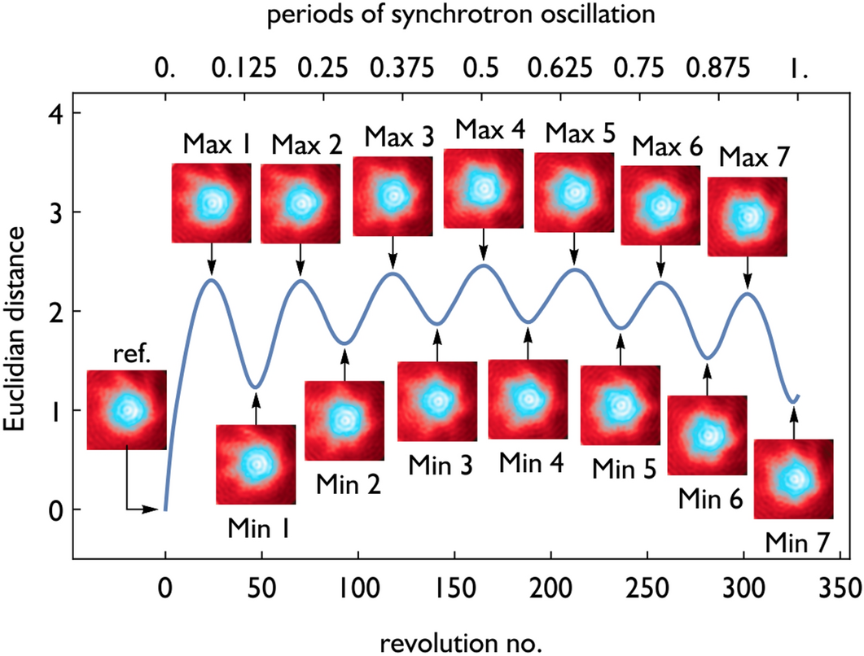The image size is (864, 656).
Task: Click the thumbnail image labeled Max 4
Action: [x=483, y=188]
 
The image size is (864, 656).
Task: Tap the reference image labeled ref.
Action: [x=126, y=409]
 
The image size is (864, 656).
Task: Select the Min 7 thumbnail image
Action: [x=793, y=479]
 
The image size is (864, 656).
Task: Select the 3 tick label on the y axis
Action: [x=48, y=212]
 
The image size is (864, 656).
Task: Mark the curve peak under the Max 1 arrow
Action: [x=211, y=280]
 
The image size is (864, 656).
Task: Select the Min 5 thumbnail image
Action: [x=620, y=405]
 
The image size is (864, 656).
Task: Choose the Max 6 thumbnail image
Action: [x=660, y=205]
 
